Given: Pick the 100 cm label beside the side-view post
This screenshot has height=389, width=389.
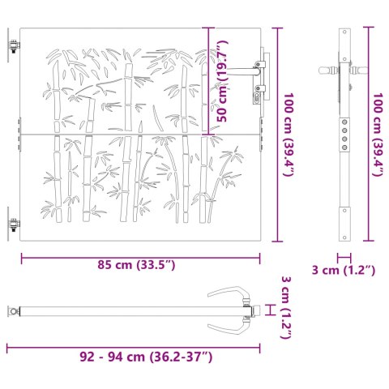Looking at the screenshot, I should (x=377, y=134).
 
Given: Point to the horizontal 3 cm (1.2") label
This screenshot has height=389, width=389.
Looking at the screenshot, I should (x=344, y=269).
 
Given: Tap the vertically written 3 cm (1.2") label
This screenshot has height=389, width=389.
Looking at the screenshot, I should (x=284, y=309).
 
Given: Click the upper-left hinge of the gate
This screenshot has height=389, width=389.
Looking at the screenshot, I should (x=14, y=49).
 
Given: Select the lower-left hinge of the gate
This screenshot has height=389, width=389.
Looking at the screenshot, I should (x=14, y=224).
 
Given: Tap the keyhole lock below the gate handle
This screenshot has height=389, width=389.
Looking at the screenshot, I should (x=259, y=96).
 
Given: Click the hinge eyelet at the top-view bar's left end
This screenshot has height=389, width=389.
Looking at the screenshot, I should (x=12, y=310).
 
